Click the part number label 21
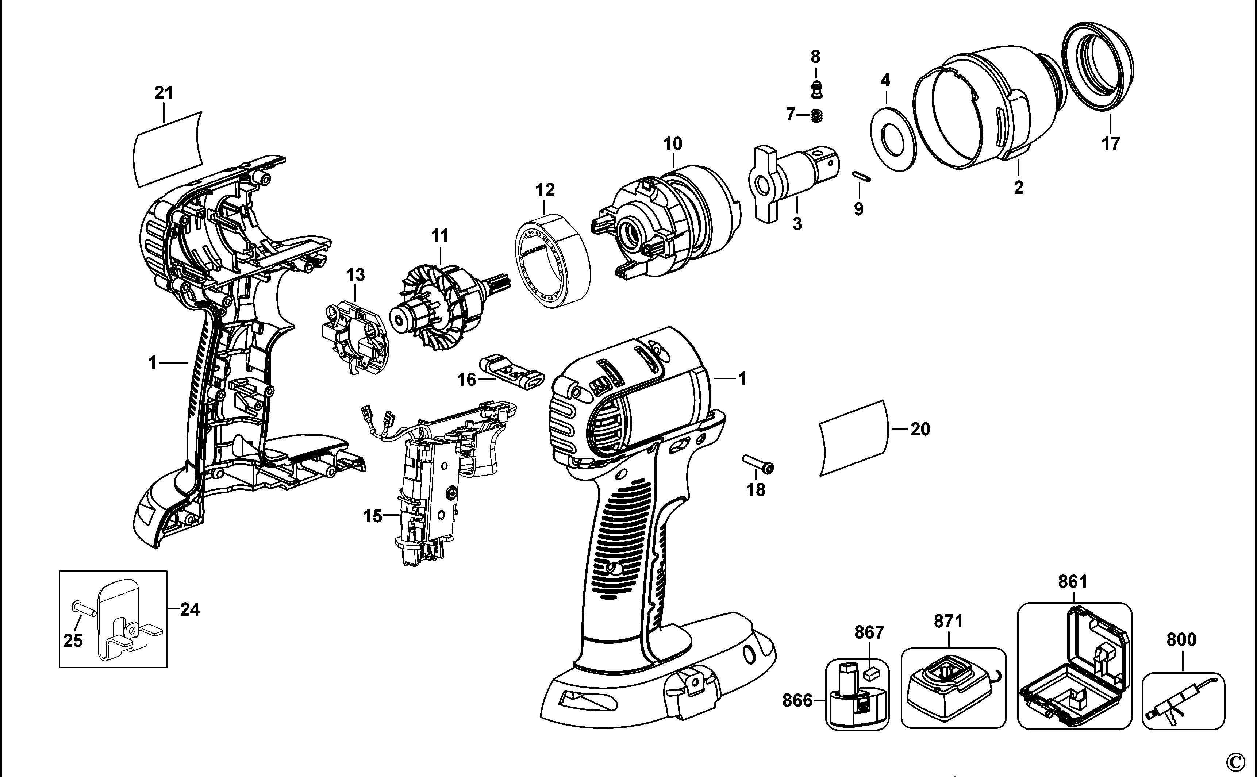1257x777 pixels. (x=164, y=93)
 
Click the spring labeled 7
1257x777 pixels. (x=818, y=117)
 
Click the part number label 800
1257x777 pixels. (x=1181, y=640)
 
